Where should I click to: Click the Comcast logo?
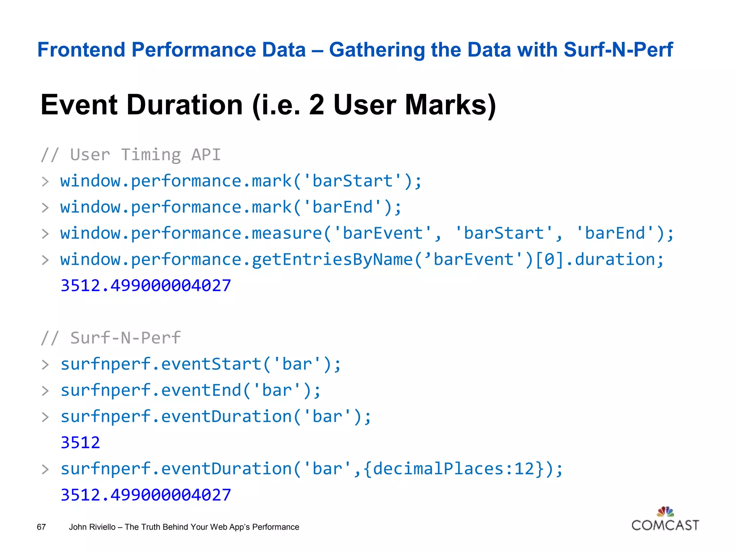coord(665,520)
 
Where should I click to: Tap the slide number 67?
coord(41,527)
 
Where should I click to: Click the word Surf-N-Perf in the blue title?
coord(618,50)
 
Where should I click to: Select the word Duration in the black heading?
coord(185,105)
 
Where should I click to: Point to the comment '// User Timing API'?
coord(131,155)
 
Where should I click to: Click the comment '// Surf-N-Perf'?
coord(111,338)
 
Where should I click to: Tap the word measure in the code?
coord(287,233)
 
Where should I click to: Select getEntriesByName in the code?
coord(332,259)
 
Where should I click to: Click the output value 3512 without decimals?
coord(80,442)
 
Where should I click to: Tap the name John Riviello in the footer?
coord(92,527)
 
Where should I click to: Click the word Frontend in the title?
coord(81,50)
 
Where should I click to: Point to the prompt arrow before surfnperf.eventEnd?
coord(45,391)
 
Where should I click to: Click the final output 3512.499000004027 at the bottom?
coord(146,495)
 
